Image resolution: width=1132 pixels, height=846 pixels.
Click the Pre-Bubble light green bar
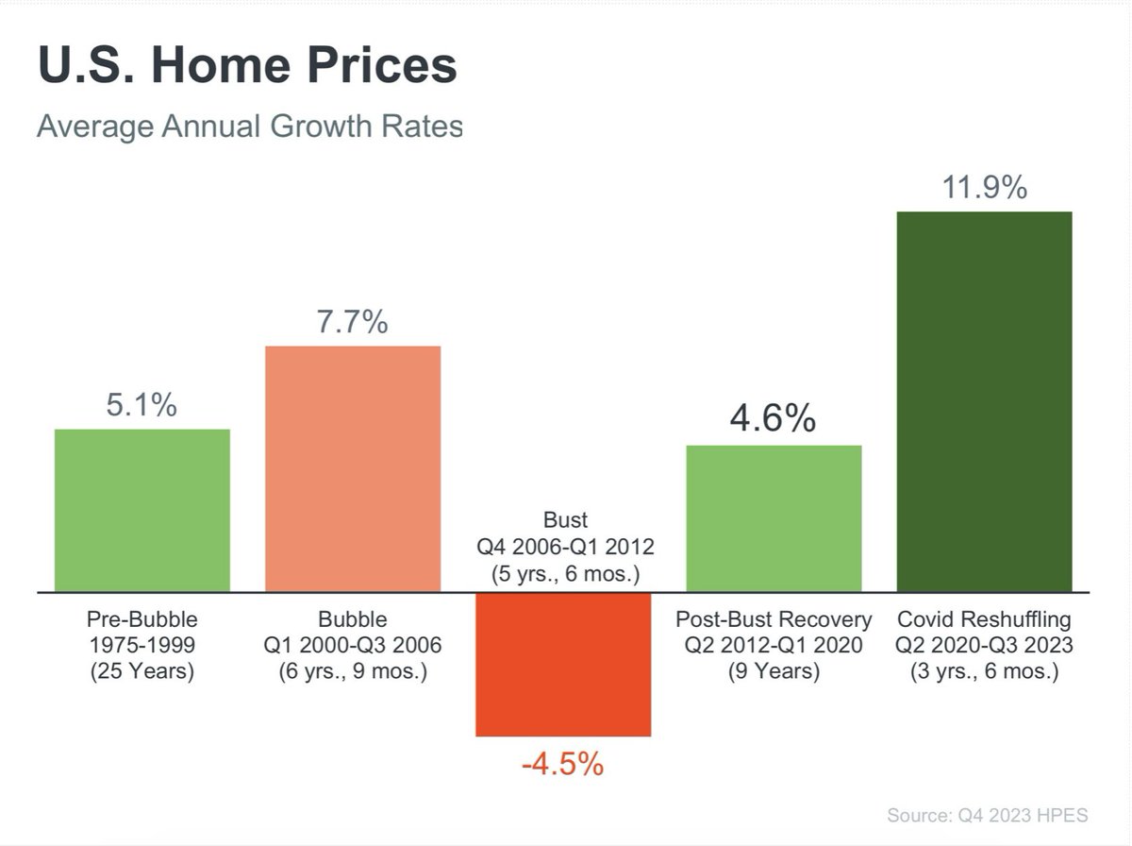tap(142, 511)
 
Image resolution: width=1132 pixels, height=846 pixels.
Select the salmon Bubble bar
tap(353, 469)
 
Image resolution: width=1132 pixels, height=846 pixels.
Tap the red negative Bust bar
tap(563, 664)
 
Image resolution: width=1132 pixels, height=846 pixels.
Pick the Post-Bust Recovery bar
tap(774, 518)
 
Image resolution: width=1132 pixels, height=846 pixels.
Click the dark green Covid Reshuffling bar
tap(984, 402)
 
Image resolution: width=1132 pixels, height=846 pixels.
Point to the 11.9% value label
tap(984, 188)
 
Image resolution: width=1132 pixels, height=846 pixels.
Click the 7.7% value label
tap(352, 323)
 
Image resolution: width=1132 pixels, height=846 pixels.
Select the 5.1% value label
tap(141, 406)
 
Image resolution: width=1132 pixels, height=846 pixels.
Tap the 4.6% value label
tap(774, 418)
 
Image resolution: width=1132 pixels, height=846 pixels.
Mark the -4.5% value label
tap(562, 763)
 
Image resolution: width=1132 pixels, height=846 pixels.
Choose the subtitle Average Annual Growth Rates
tap(250, 126)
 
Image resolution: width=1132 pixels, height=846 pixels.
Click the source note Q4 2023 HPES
tap(988, 815)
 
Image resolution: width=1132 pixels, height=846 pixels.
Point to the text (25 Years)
tap(141, 672)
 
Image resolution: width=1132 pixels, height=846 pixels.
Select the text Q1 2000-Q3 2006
tap(353, 647)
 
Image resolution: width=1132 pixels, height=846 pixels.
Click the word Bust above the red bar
tap(564, 520)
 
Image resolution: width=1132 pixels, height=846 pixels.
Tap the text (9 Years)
tap(774, 672)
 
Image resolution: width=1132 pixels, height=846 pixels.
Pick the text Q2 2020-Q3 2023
tap(984, 647)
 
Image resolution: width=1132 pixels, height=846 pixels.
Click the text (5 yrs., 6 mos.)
tap(564, 572)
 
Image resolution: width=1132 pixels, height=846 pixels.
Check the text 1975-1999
tap(141, 647)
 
